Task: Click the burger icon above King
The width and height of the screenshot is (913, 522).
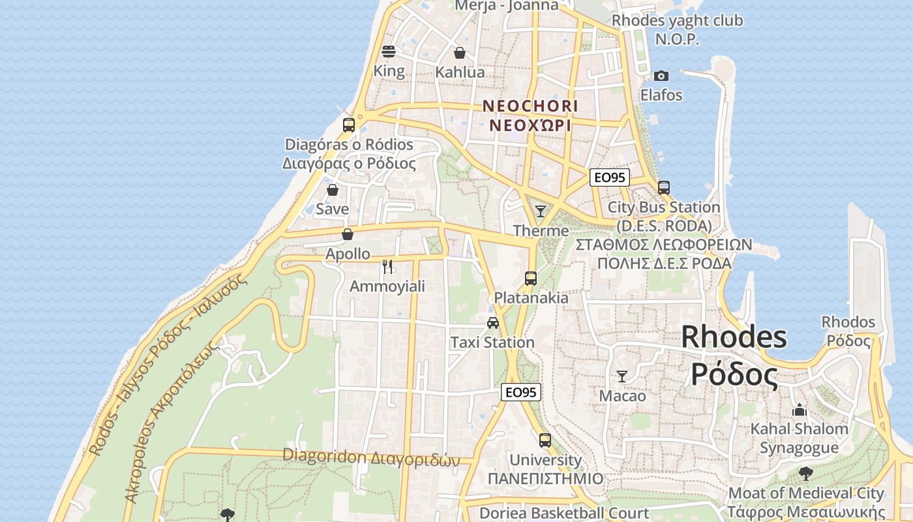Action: [x=389, y=51]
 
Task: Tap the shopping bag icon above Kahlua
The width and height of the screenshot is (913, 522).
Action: [x=460, y=53]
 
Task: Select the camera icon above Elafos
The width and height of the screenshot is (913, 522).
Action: [x=661, y=76]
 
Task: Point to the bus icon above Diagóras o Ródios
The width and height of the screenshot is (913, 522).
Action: [x=349, y=125]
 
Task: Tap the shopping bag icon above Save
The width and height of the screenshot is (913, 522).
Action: [x=333, y=190]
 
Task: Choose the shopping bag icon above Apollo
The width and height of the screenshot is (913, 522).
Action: [x=348, y=234]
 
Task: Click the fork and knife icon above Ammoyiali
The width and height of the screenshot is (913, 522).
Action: [x=387, y=266]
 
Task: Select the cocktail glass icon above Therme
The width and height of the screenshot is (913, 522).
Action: [x=541, y=211]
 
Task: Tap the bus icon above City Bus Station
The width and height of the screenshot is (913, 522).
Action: [x=664, y=188]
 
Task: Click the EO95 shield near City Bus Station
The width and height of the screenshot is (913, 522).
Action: [x=609, y=177]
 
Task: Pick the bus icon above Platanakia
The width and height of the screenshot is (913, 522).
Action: [x=531, y=279]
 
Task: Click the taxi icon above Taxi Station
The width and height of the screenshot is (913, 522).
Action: [x=493, y=322]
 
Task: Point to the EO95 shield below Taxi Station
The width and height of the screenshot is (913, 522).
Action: [x=521, y=392]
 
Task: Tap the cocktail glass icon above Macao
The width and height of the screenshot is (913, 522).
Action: [x=622, y=376]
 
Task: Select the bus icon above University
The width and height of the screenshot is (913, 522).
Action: [x=545, y=440]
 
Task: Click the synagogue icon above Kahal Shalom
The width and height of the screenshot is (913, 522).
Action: [x=800, y=410]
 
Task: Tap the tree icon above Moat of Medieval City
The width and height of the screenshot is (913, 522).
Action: [x=806, y=474]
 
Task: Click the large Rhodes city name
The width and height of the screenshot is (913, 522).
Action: [x=734, y=356]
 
